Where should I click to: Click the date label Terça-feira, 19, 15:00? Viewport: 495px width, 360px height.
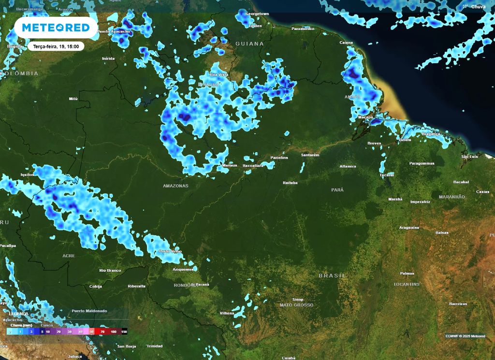pyautogui.click(x=56, y=46)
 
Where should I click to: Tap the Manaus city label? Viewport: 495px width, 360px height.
pyautogui.click(x=229, y=165)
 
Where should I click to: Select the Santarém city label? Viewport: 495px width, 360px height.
pyautogui.click(x=310, y=155)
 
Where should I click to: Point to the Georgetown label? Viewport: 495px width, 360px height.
pyautogui.click(x=257, y=14)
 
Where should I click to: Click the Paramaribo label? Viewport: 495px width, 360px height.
pyautogui.click(x=303, y=29)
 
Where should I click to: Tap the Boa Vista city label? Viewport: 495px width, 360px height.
pyautogui.click(x=218, y=75)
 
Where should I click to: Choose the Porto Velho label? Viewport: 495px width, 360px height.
pyautogui.click(x=171, y=252)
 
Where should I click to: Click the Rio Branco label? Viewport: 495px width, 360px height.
pyautogui.click(x=109, y=270)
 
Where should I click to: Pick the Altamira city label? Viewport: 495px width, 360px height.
pyautogui.click(x=348, y=166)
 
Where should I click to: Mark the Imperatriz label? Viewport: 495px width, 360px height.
pyautogui.click(x=421, y=202)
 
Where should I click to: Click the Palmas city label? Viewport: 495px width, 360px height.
pyautogui.click(x=407, y=274)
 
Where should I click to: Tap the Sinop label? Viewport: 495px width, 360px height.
pyautogui.click(x=297, y=300)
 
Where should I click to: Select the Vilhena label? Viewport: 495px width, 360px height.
pyautogui.click(x=227, y=314)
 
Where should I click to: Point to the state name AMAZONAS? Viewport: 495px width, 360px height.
pyautogui.click(x=175, y=186)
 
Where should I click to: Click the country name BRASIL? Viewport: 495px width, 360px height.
pyautogui.click(x=332, y=275)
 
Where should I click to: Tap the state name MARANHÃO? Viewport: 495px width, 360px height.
pyautogui.click(x=451, y=197)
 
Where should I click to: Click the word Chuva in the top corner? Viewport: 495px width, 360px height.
pyautogui.click(x=478, y=7)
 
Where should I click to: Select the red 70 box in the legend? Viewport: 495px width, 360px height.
pyautogui.click(x=102, y=332)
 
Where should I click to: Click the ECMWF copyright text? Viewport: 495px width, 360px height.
pyautogui.click(x=465, y=336)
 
